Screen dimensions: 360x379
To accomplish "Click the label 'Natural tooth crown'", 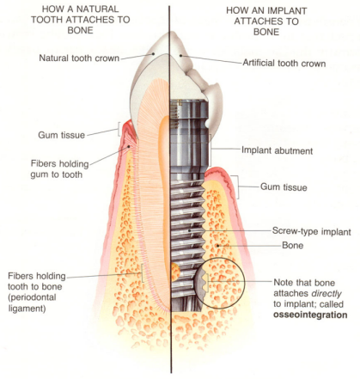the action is coord(79,58).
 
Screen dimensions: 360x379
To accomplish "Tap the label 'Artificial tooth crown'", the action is coord(284,63).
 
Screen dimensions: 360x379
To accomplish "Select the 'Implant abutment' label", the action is coord(277,150).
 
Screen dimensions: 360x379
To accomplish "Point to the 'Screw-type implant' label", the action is coord(312,231).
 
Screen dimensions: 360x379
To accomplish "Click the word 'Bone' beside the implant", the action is coord(293,246).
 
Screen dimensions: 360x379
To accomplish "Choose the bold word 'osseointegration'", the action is coord(310,315).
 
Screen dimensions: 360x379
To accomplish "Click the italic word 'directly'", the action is coord(326,294).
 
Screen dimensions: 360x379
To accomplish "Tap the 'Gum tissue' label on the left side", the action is coord(62,135).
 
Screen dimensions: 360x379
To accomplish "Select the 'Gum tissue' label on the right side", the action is coord(284,187).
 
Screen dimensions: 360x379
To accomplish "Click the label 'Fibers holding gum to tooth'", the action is coord(60,169).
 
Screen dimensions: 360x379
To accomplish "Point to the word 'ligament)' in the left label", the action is coord(27,309).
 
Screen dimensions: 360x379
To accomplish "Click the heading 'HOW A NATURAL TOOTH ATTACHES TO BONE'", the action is coord(81,20).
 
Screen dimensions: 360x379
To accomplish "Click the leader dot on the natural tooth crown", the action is coord(154,53).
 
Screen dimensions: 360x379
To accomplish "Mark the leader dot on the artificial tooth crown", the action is coord(180,56).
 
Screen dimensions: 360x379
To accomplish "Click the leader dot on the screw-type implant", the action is coord(189,230).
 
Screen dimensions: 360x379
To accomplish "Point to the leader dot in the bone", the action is coord(217,245).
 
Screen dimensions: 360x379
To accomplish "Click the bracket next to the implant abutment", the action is coord(211,150).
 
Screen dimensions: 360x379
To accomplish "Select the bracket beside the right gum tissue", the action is coord(236,187).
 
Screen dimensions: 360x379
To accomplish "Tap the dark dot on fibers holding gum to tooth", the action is coord(129,146).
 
